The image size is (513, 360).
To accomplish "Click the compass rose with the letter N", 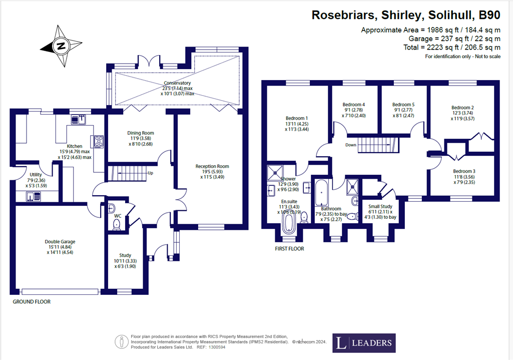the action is [x=61, y=47].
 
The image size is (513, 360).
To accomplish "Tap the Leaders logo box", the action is [x=365, y=343].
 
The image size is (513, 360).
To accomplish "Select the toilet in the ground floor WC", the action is [x=117, y=224].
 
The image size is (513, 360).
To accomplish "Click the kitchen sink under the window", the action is [x=79, y=119].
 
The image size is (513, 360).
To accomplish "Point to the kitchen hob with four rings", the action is [x=99, y=141].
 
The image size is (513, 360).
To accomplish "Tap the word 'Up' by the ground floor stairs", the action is [x=150, y=173].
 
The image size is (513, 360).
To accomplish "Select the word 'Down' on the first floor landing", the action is [x=350, y=145].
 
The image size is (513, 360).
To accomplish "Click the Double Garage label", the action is [x=60, y=242].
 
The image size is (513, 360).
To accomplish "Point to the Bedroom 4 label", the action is [x=353, y=105].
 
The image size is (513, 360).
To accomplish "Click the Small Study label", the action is [x=380, y=206].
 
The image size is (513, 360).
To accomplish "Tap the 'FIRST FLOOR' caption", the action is [x=289, y=248].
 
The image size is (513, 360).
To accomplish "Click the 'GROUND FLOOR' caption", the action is [x=32, y=302].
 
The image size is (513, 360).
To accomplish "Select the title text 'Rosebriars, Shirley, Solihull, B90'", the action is [x=406, y=15].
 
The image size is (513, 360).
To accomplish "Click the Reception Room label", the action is [x=212, y=166].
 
